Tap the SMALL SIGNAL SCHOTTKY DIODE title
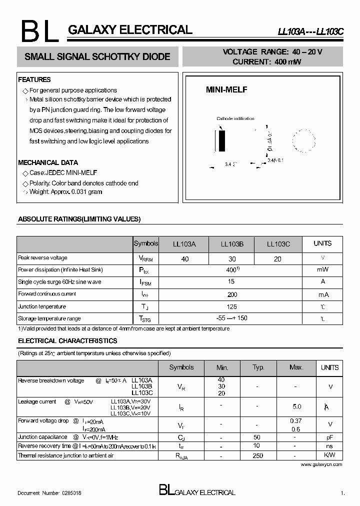[x=97, y=57]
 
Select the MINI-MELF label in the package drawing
[x=226, y=90]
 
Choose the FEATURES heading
[x=34, y=79]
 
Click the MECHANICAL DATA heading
[x=48, y=162]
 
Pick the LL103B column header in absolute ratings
[x=232, y=244]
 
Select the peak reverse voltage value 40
[x=185, y=259]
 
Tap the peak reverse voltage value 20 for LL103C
[x=277, y=259]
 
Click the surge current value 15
[x=231, y=282]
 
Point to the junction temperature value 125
[x=231, y=306]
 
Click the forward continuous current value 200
[x=231, y=294]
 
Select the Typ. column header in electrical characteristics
[x=258, y=367]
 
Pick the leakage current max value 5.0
[x=296, y=406]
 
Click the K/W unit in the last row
[x=329, y=455]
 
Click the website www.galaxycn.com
[x=321, y=464]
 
